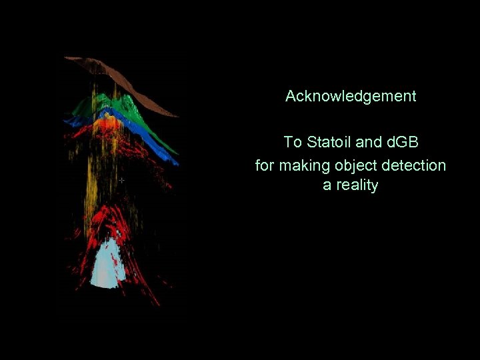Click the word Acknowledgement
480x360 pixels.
point(351,96)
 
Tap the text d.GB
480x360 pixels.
point(399,142)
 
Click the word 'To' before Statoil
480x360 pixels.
point(292,142)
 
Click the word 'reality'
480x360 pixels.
point(356,185)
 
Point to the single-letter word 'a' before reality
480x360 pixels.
point(327,185)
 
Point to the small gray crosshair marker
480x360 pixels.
point(121,180)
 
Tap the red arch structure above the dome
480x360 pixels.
point(110,220)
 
